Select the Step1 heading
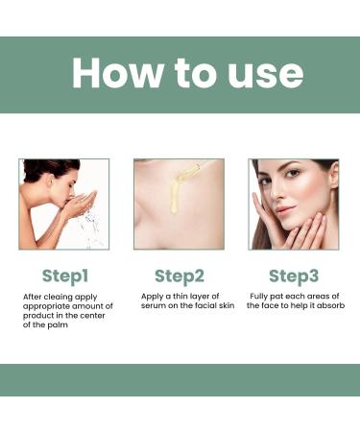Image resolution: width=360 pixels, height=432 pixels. [65, 276]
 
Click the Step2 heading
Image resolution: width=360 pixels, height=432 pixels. [180, 276]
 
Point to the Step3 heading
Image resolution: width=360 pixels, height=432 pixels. [294, 276]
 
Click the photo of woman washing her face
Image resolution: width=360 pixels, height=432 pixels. [64, 204]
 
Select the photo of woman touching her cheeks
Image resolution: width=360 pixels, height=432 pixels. [294, 204]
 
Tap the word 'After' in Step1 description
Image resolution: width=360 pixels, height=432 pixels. [34, 297]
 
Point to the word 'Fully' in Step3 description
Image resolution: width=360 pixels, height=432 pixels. [260, 297]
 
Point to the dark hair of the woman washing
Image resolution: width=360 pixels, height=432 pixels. [43, 169]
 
